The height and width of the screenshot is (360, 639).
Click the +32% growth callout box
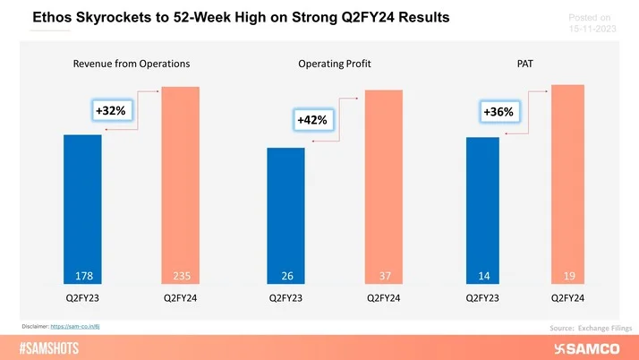pos(113,110)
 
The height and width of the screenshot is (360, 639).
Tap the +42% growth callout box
pos(313,120)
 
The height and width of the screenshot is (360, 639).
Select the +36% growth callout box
pos(498,112)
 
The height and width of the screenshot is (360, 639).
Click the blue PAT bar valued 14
pos(482,210)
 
